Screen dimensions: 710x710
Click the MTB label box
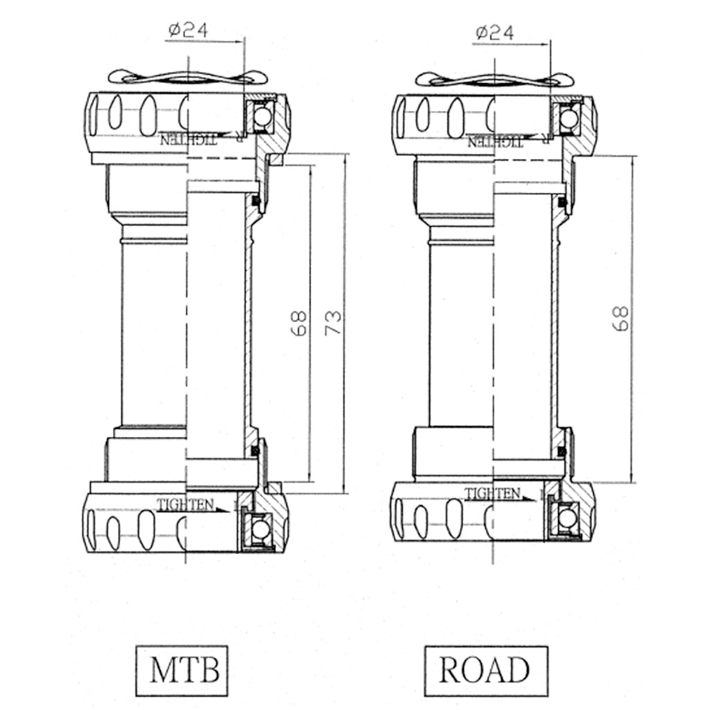[x=182, y=670]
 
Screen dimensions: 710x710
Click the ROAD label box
[x=485, y=671]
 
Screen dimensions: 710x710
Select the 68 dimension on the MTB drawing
[x=298, y=322]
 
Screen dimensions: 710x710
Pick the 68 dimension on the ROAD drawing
[x=621, y=318]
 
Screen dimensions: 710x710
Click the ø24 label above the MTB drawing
[x=189, y=31]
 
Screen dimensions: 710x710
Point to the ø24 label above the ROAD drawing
[x=495, y=33]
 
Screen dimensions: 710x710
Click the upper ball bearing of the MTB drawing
[x=261, y=116]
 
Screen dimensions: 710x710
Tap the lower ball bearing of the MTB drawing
[x=259, y=530]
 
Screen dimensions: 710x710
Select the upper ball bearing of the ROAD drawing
[x=569, y=119]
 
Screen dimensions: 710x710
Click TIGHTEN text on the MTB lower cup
[x=186, y=505]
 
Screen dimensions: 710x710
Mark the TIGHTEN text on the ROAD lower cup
[x=492, y=493]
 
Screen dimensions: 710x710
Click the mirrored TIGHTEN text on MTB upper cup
[x=189, y=139]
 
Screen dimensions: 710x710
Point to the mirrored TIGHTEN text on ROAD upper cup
[x=495, y=141]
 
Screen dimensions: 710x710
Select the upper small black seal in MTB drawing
[x=256, y=200]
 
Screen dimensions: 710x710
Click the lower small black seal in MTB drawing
[x=256, y=451]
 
